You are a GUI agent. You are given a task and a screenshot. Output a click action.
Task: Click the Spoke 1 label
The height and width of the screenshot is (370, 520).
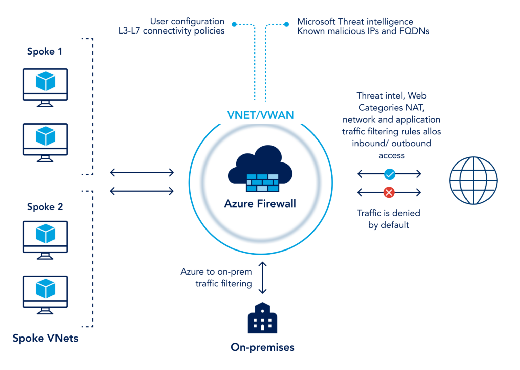pos(44,51)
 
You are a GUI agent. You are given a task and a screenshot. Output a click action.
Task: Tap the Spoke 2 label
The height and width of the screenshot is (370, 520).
pos(45,206)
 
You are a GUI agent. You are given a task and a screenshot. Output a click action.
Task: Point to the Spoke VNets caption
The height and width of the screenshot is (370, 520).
pos(45,338)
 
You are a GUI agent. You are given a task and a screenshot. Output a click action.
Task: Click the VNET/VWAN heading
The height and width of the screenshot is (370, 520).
pos(260,115)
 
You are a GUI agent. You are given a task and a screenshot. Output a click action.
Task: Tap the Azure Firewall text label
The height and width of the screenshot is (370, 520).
pos(260,203)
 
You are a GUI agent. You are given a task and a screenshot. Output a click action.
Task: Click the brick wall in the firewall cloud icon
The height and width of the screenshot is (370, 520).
pos(262,183)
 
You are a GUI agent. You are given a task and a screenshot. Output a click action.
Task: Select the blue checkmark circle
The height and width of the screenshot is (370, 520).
pos(390,174)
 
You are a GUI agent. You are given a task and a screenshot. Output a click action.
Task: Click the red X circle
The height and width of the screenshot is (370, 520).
pos(389,192)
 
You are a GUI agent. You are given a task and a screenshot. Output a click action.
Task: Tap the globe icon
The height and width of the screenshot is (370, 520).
pos(473,180)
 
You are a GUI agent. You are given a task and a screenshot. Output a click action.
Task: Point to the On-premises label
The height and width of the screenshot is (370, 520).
pos(262,347)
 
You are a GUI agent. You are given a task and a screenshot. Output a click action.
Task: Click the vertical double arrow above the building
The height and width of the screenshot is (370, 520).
pos(262,278)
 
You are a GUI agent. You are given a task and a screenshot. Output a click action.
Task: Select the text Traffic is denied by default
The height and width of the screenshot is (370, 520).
pos(389,219)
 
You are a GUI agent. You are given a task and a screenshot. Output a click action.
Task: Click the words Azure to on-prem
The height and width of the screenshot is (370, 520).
pos(216,271)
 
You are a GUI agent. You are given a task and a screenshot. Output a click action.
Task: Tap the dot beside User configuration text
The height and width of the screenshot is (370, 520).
pos(234,24)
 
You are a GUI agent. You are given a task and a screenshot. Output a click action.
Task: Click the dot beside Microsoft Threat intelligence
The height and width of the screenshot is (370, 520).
pos(286,24)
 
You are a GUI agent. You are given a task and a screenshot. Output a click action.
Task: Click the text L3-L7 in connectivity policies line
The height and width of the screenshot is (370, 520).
pos(129,31)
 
